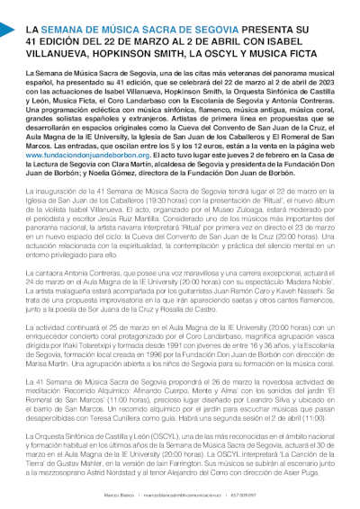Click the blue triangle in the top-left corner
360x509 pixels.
pos(5,30)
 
